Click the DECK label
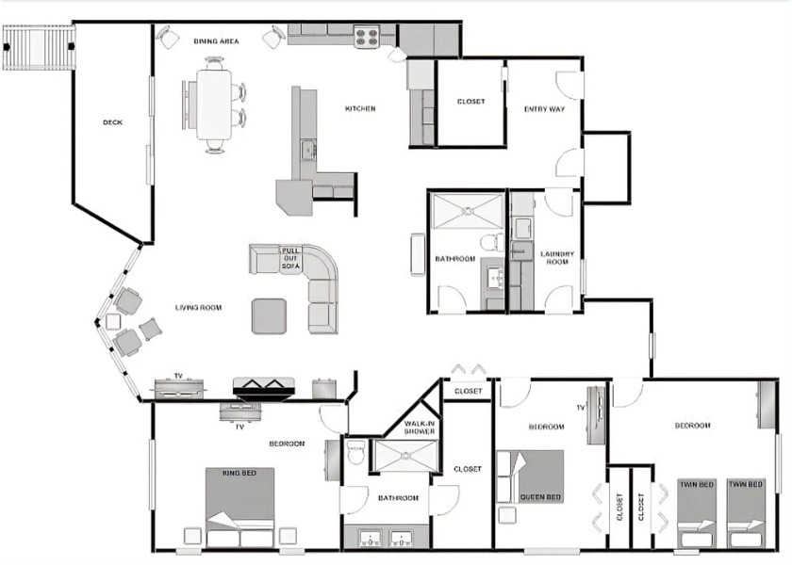click(112, 122)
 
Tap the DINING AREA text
click(216, 41)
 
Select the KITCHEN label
click(360, 109)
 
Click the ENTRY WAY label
click(544, 109)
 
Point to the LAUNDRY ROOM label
click(555, 256)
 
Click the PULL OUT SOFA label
click(290, 258)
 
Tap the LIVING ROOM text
click(198, 308)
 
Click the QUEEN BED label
click(540, 497)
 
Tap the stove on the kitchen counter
click(367, 38)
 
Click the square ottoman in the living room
click(270, 315)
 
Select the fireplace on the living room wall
click(265, 386)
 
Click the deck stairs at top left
click(39, 46)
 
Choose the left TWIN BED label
click(697, 485)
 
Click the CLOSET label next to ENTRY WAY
click(470, 102)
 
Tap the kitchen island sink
click(307, 149)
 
